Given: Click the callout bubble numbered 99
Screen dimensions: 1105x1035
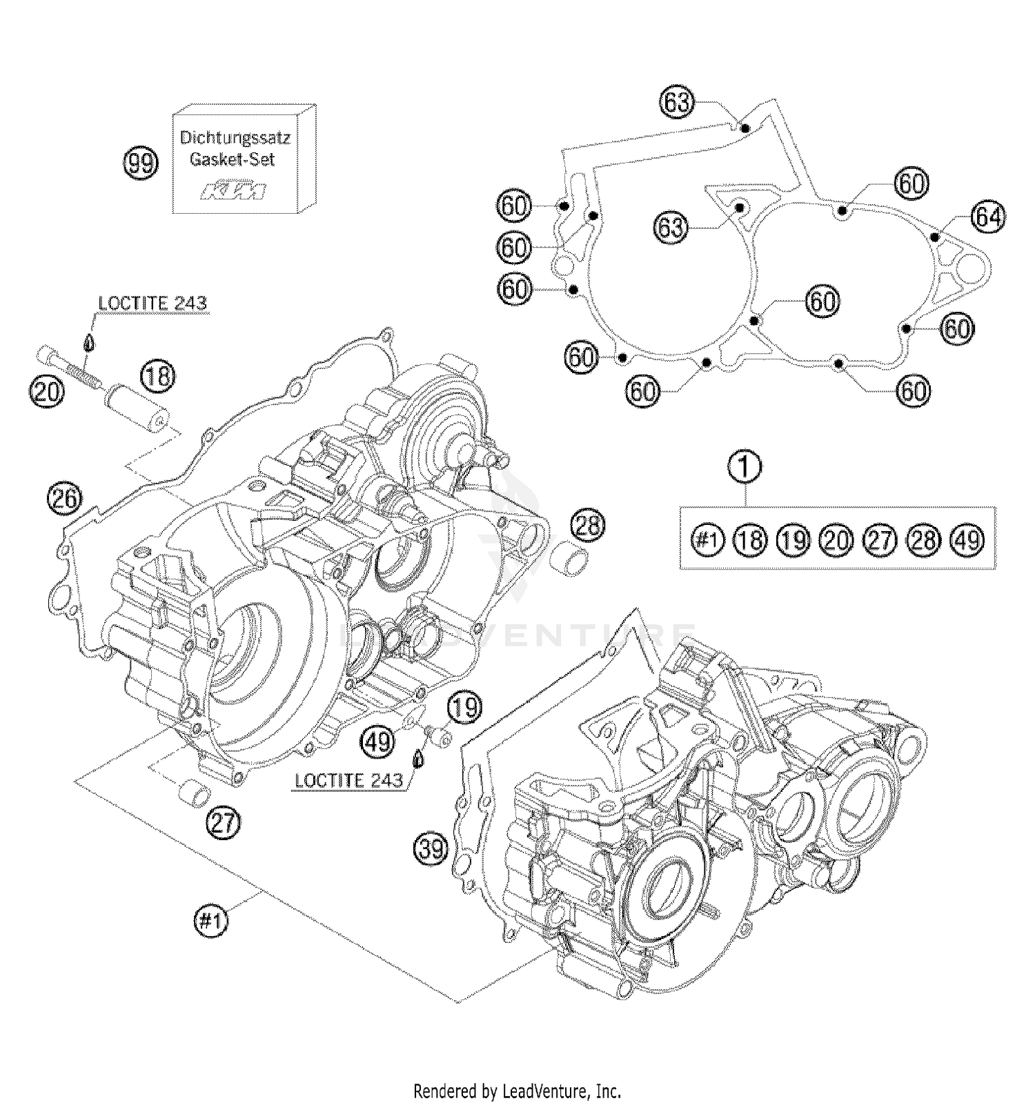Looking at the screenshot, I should (x=140, y=164).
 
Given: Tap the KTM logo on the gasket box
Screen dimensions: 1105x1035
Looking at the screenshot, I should (x=233, y=191).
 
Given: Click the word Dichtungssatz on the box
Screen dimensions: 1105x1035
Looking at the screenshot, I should (x=235, y=137).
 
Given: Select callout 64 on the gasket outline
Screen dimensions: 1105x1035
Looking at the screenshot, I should (x=987, y=218).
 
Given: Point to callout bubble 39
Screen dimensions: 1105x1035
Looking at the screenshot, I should (x=431, y=848).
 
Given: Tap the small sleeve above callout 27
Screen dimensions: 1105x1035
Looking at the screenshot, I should (x=194, y=793).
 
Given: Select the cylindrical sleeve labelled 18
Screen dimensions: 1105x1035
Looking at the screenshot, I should (x=137, y=411).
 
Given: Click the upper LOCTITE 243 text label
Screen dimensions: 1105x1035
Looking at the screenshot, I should (x=152, y=303).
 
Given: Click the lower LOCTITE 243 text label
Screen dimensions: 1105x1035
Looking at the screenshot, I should (x=348, y=780).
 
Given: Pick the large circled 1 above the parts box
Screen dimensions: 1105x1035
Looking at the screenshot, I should (x=746, y=467).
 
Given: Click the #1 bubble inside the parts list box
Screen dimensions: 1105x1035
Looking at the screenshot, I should (x=707, y=539).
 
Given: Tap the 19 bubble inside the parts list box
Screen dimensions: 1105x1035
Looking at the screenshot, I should (x=793, y=539).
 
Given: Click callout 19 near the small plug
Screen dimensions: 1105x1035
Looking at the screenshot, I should (x=464, y=708).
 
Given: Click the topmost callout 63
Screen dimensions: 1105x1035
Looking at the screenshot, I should (x=677, y=102).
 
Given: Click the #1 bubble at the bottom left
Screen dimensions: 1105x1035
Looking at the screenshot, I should (x=211, y=920).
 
